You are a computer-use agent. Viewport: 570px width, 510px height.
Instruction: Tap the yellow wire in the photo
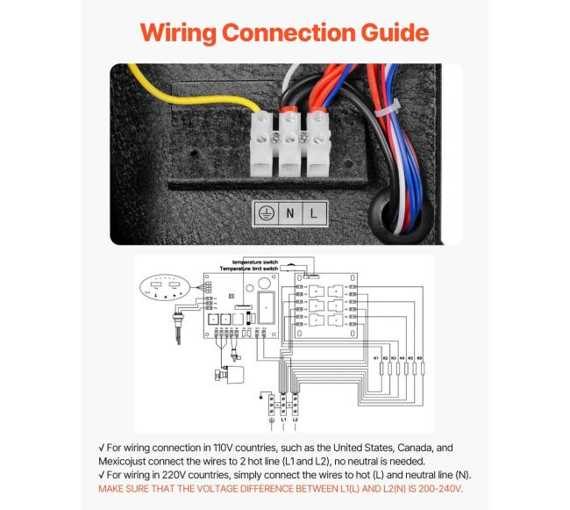pos(175,83)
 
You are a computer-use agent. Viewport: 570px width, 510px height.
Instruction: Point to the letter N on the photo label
pos(290,211)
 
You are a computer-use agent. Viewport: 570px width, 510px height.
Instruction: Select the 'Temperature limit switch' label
pos(251,269)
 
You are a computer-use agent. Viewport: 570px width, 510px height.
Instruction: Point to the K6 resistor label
pos(420,358)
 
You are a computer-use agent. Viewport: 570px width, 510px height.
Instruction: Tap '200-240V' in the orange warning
pos(436,488)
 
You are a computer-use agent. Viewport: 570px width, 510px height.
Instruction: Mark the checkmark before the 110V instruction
pos(101,447)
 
